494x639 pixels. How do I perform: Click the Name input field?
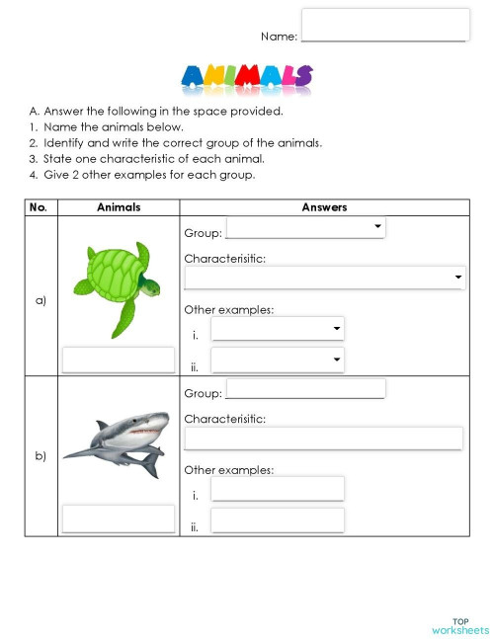pyautogui.click(x=384, y=25)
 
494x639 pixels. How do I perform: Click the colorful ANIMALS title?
pyautogui.click(x=247, y=78)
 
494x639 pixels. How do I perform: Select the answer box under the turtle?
pyautogui.click(x=119, y=359)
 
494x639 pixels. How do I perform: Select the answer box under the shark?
pyautogui.click(x=119, y=519)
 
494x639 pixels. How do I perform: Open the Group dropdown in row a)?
pyautogui.click(x=305, y=228)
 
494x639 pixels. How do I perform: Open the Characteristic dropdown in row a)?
pyautogui.click(x=324, y=278)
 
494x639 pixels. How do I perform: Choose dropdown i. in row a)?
pyautogui.click(x=278, y=329)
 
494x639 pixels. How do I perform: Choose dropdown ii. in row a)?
pyautogui.click(x=278, y=360)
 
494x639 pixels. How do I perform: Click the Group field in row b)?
pyautogui.click(x=305, y=388)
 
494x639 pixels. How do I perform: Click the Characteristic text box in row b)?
pyautogui.click(x=324, y=438)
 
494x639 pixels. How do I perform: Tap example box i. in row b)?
pyautogui.click(x=278, y=489)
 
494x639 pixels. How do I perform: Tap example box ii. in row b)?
pyautogui.click(x=278, y=520)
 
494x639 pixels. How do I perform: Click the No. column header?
pyautogui.click(x=41, y=207)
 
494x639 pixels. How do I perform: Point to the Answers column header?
pyautogui.click(x=324, y=207)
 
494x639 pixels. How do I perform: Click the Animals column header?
pyautogui.click(x=119, y=207)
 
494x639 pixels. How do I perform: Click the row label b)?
pyautogui.click(x=41, y=456)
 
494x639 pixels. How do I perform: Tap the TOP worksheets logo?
pyautogui.click(x=459, y=626)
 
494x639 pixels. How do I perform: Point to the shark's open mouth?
pyautogui.click(x=144, y=432)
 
